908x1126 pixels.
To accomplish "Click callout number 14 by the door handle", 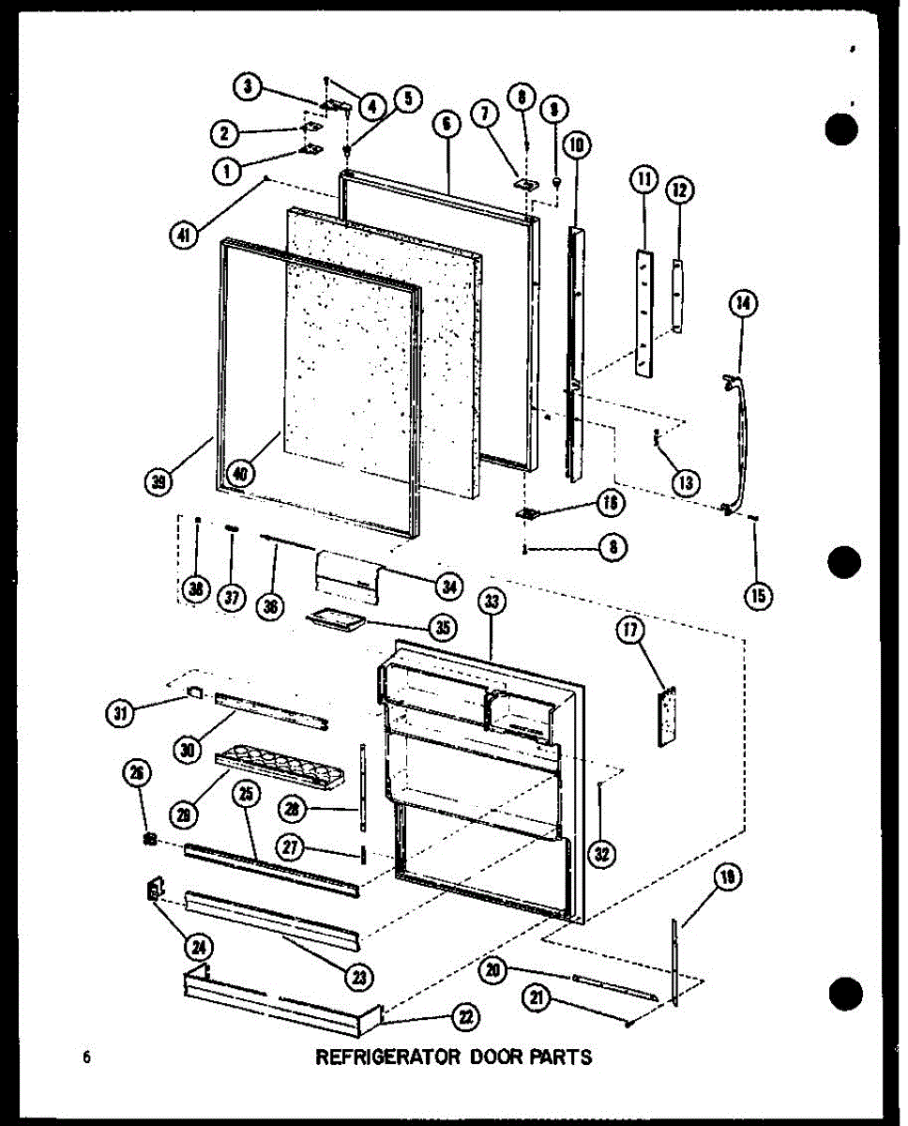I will point(743,302).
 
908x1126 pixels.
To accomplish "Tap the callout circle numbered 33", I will point(490,602).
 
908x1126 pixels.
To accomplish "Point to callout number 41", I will point(185,236).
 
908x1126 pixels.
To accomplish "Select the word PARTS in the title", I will point(565,1057).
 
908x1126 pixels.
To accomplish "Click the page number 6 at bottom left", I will point(86,1058).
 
